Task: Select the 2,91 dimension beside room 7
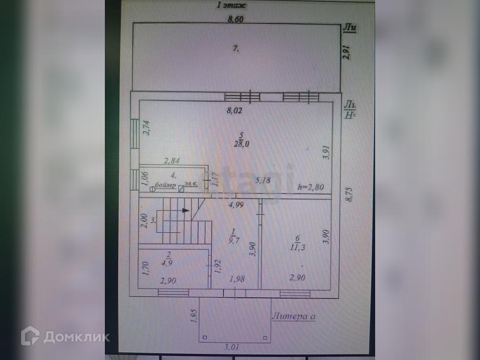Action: point(348,51)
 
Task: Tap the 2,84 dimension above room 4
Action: point(172,161)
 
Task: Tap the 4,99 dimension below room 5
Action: point(235,204)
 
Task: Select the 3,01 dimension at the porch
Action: point(234,348)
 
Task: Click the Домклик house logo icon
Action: point(30,336)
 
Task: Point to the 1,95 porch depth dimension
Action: point(194,316)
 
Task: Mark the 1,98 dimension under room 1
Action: point(237,279)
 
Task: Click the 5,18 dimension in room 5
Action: point(263,180)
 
